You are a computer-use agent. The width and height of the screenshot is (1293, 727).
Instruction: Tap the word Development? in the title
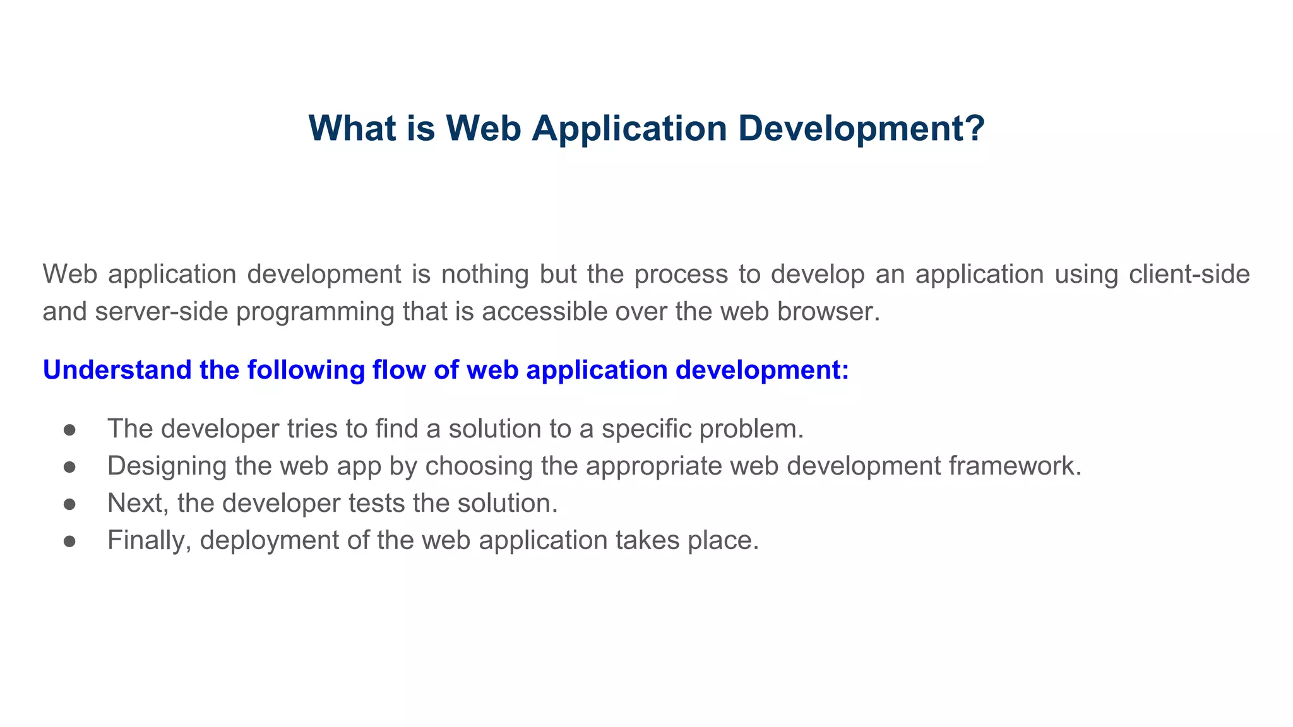(861, 128)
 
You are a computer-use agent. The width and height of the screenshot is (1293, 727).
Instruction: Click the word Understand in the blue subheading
(117, 370)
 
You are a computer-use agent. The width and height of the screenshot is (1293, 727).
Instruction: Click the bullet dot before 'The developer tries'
(70, 430)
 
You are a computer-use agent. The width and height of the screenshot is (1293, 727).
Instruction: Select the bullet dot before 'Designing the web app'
(70, 467)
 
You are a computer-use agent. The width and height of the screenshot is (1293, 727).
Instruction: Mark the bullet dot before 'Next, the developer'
(70, 504)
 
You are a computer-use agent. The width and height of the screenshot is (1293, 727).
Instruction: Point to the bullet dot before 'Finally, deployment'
(70, 541)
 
